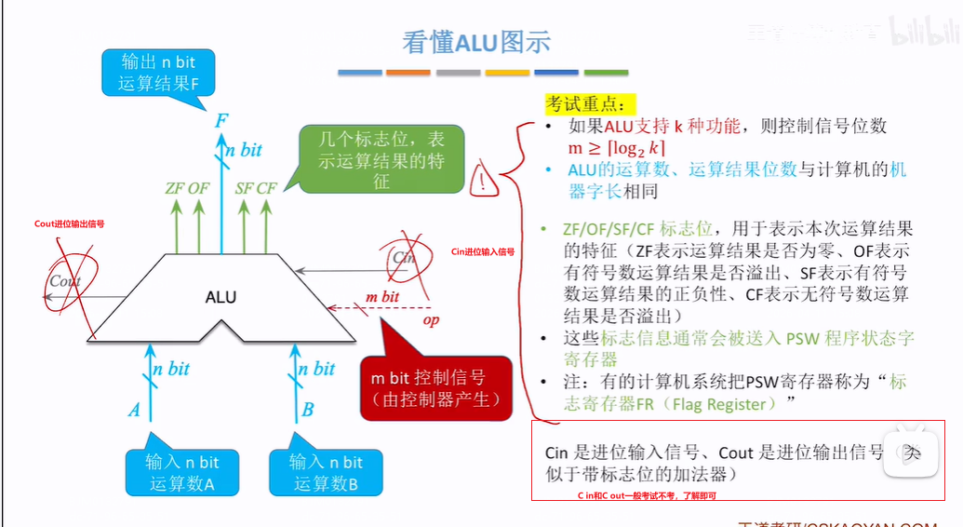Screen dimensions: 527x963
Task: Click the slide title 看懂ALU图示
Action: pyautogui.click(x=475, y=41)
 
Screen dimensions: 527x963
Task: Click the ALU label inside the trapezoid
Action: pyautogui.click(x=221, y=298)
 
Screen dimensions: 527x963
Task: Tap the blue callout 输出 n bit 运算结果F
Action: pyautogui.click(x=159, y=73)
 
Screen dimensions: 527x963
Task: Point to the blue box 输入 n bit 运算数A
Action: pyautogui.click(x=182, y=472)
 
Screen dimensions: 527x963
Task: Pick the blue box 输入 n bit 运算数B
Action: pyautogui.click(x=327, y=472)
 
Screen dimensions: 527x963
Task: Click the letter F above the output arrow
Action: pyautogui.click(x=221, y=121)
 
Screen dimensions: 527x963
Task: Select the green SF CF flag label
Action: pyautogui.click(x=256, y=189)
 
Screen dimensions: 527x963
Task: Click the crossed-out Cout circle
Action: pyautogui.click(x=65, y=281)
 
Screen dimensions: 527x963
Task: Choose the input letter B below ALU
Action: pyautogui.click(x=308, y=410)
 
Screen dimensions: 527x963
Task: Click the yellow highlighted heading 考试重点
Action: pyautogui.click(x=585, y=103)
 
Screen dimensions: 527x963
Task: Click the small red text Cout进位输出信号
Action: pyautogui.click(x=69, y=224)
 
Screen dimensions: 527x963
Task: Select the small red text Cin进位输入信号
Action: pyautogui.click(x=482, y=251)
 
